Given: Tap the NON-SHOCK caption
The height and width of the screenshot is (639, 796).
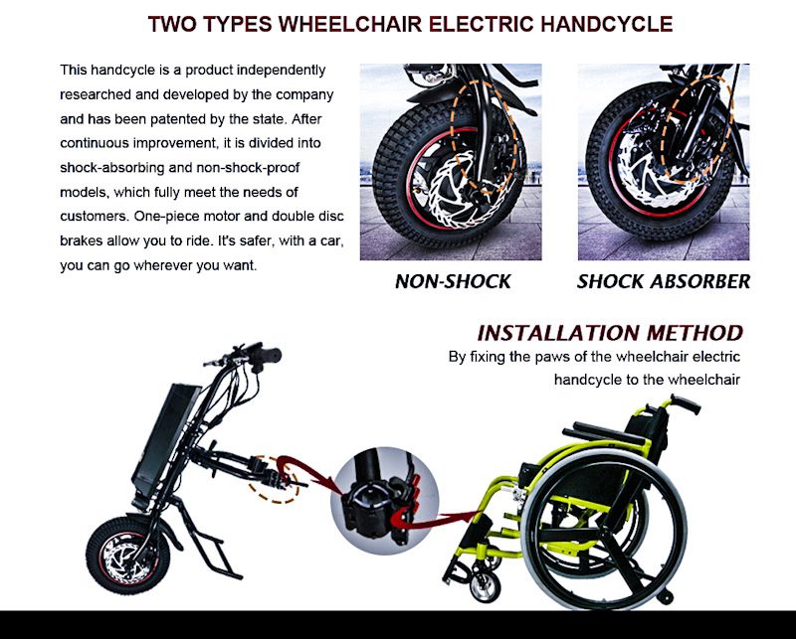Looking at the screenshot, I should pos(453,281).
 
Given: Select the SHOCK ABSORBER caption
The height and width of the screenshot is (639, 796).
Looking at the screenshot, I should pos(664,281).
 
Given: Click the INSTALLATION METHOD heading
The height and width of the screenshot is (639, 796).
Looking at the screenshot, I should pos(610,333).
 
